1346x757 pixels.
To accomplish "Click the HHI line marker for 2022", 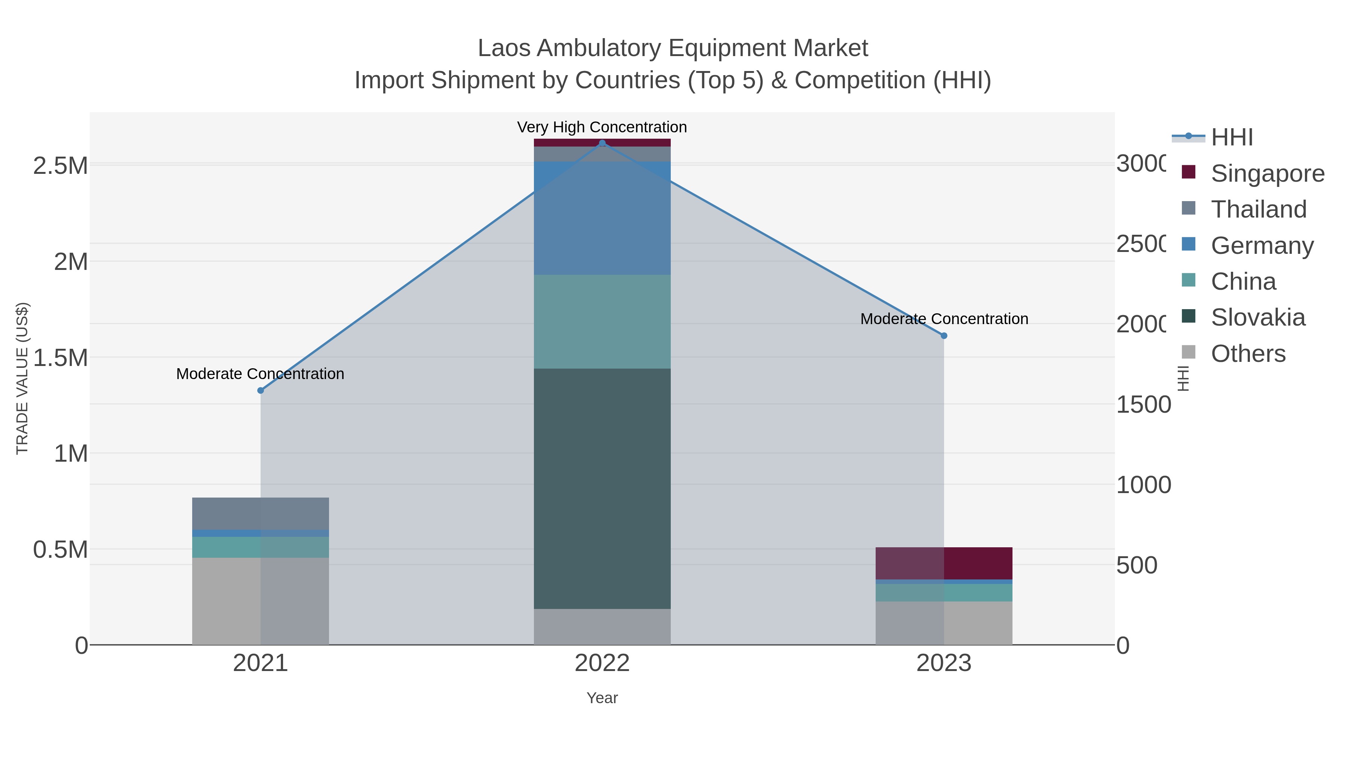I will coord(602,143).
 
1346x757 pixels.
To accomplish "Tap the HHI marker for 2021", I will coord(261,390).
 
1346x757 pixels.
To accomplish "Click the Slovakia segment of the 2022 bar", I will coord(602,489).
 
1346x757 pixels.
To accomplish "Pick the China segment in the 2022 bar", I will coord(602,321).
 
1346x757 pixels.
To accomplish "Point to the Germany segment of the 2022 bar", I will coord(602,218).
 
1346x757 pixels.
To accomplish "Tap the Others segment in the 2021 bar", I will coord(260,601).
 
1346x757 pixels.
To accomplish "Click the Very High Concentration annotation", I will coord(602,127).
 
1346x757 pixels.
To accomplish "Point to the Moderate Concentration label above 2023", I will coord(944,319).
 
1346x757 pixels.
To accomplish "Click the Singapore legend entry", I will coord(1267,173).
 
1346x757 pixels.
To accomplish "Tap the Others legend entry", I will coord(1248,354).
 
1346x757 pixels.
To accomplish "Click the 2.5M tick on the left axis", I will coord(60,166).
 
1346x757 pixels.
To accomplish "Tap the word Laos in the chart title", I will coord(504,48).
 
